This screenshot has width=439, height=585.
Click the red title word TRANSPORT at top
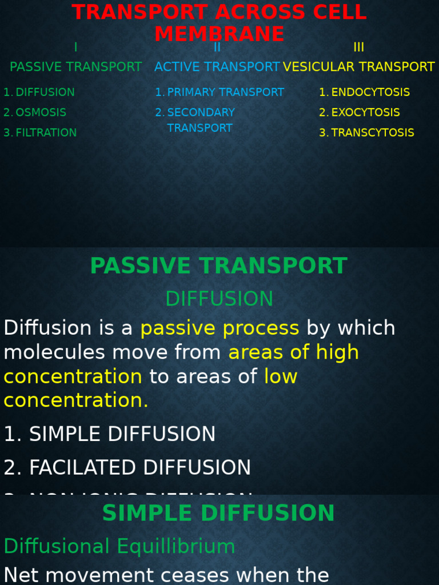pos(139,12)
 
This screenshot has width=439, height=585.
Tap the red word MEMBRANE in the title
pos(219,34)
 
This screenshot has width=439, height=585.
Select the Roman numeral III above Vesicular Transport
pos(358,47)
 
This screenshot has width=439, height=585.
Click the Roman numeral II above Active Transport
pos(217,47)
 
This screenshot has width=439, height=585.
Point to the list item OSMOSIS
pos(41,113)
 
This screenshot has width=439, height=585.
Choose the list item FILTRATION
pos(46,133)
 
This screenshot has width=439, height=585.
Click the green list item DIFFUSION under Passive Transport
pos(45,92)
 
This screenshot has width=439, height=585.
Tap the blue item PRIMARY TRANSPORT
pos(225,92)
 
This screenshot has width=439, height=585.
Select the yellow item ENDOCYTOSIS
pos(370,92)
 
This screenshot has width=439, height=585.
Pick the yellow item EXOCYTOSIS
pos(365,113)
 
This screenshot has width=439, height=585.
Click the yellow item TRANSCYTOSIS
pos(373,133)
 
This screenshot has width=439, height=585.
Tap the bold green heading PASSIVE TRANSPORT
pos(218,266)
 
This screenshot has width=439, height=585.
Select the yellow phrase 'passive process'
pos(219,328)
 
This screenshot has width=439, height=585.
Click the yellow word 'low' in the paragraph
pos(281,376)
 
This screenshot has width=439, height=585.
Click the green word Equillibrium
pos(176,547)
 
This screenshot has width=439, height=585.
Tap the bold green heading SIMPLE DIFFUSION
pos(218,513)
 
